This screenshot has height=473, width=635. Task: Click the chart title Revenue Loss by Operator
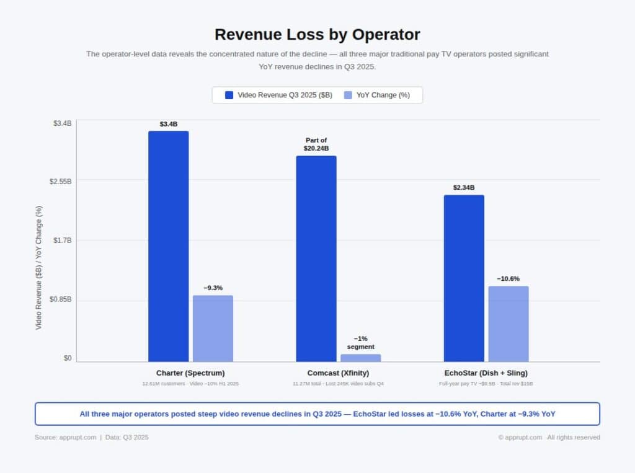click(x=317, y=34)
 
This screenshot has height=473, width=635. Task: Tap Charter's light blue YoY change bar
click(x=213, y=329)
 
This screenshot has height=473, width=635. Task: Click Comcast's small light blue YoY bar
click(x=360, y=358)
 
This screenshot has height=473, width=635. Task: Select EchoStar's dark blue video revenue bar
click(x=464, y=278)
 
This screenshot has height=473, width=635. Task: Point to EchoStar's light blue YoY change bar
click(x=508, y=324)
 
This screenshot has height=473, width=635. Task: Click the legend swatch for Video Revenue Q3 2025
click(x=229, y=95)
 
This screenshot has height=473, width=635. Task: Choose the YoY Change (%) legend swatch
click(x=348, y=95)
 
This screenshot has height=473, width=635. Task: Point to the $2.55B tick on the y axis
click(x=60, y=182)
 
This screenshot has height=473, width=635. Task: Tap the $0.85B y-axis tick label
click(x=60, y=299)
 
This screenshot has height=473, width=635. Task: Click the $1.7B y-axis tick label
click(x=62, y=241)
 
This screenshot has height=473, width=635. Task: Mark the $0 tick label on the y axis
click(x=67, y=358)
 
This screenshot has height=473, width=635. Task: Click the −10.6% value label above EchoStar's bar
click(x=508, y=279)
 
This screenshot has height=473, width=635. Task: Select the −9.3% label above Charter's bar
click(x=213, y=288)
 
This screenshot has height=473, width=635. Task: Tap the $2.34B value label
click(x=464, y=188)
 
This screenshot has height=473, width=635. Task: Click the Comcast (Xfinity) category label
click(x=339, y=373)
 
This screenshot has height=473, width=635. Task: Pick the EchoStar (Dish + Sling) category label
click(x=486, y=373)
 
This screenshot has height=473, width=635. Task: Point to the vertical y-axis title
click(x=38, y=268)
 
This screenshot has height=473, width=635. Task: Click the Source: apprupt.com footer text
click(x=65, y=438)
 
